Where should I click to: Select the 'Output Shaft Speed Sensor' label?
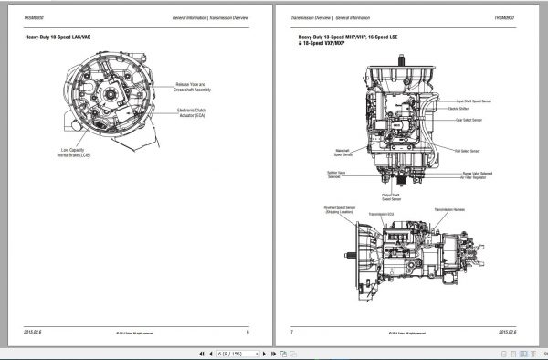click(x=391, y=196)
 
